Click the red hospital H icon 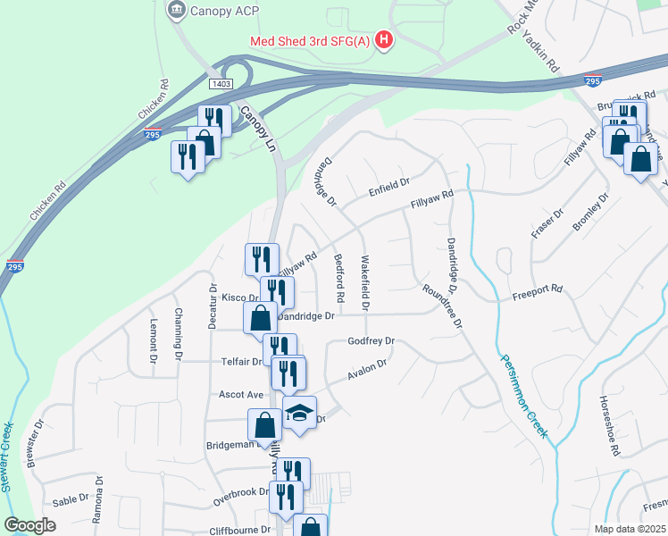point(384,39)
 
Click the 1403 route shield point(221,84)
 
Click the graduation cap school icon point(300,412)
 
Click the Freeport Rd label point(538,289)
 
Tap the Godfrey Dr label point(371,341)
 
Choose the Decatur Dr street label point(213,306)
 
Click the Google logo point(29,524)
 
